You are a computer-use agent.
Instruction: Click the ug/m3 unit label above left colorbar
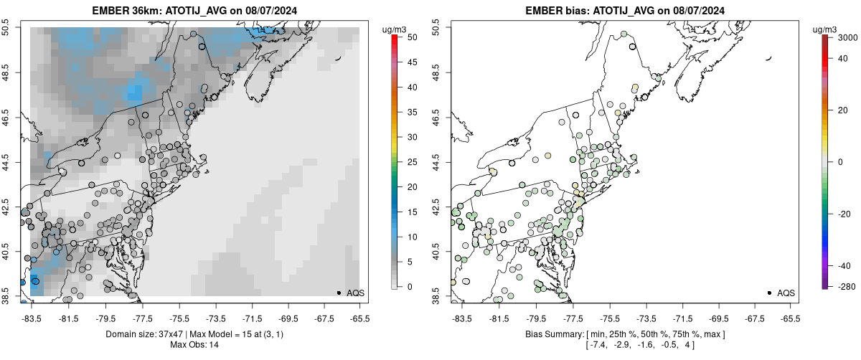(x=395, y=28)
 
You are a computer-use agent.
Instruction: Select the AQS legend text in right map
(x=786, y=293)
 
